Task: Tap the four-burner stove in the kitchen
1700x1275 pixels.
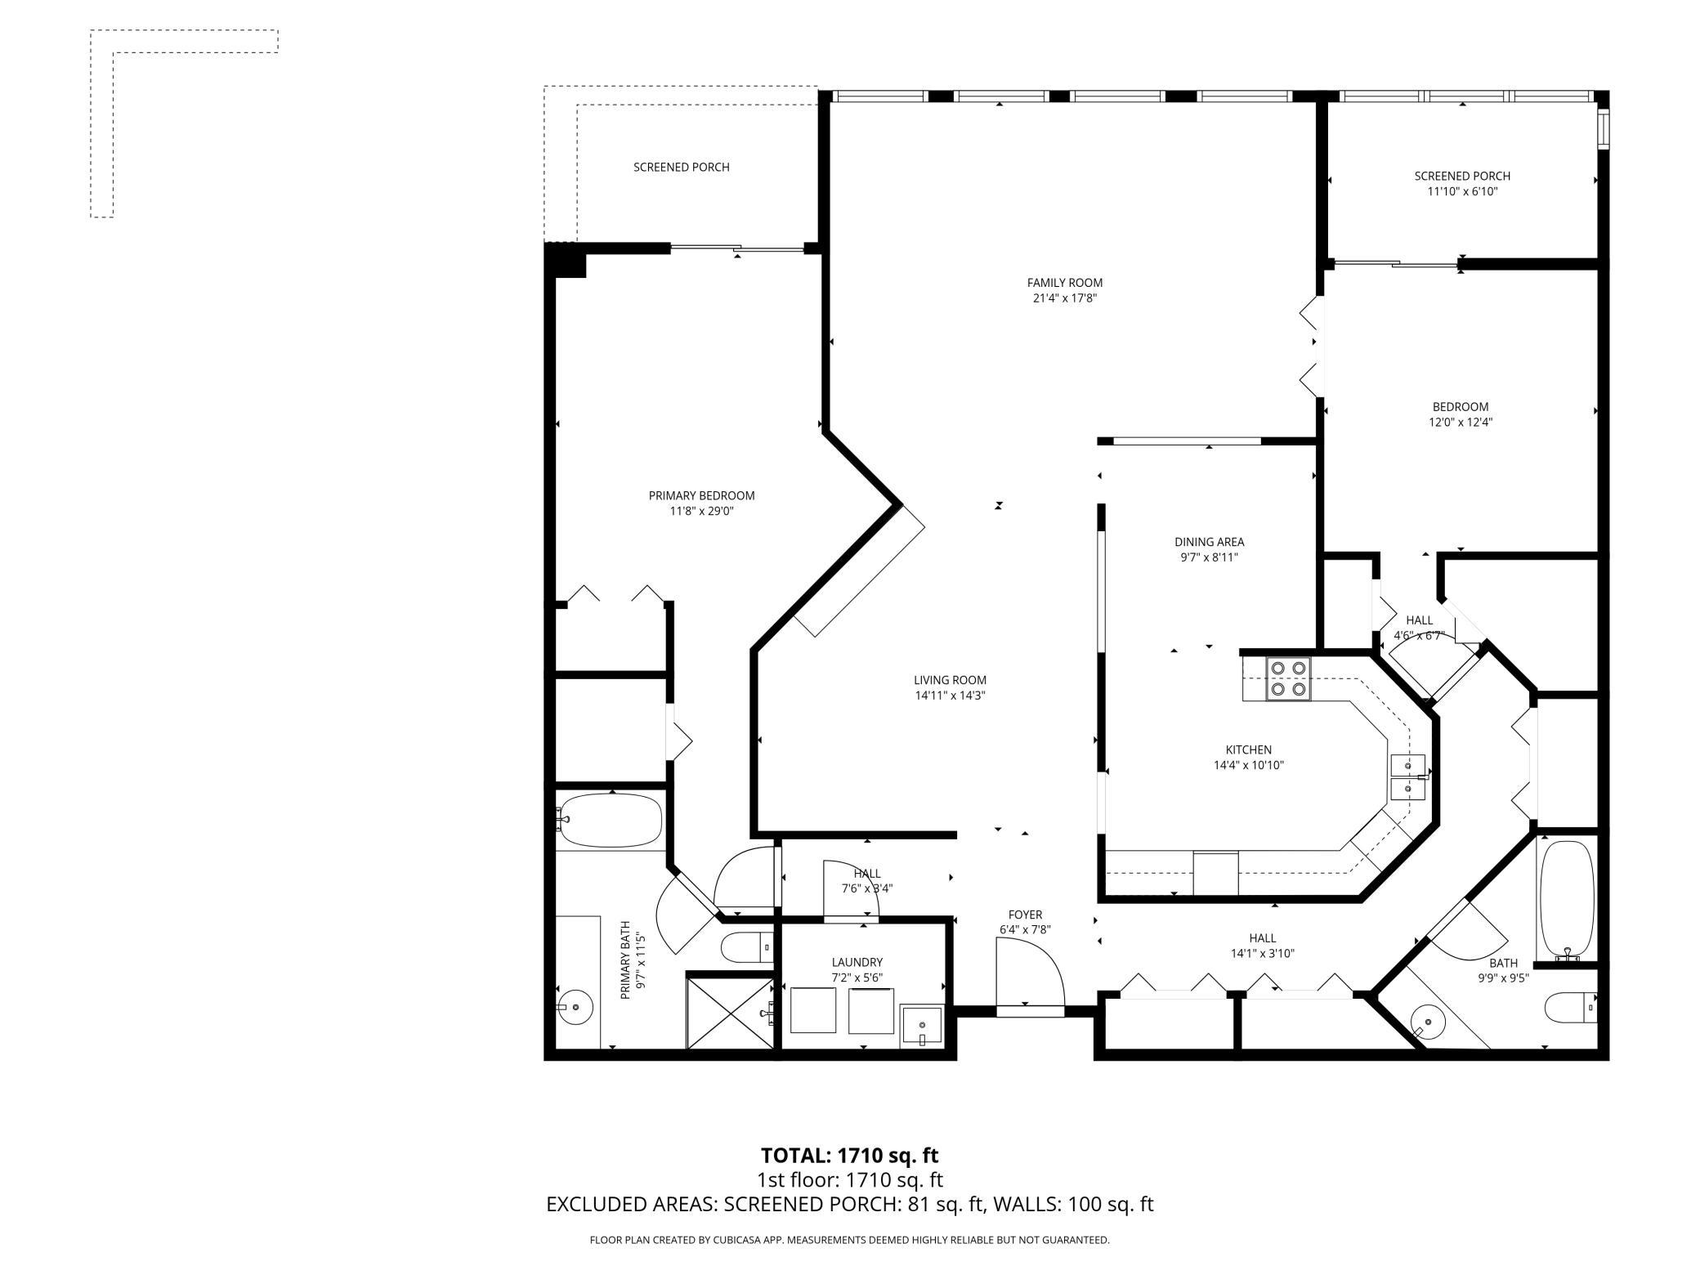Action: click(1288, 678)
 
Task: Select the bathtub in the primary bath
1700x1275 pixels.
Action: click(610, 820)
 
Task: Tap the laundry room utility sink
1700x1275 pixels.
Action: click(922, 1025)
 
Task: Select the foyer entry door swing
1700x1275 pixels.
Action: click(1029, 973)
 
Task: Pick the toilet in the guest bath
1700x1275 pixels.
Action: click(1570, 1007)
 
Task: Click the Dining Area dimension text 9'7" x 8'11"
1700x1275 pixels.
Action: click(1209, 557)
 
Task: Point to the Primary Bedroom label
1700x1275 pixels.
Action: click(701, 495)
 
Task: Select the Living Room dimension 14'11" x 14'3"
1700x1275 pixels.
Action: click(950, 696)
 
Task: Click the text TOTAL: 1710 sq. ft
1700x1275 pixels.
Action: click(850, 1155)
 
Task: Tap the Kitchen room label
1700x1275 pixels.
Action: click(1248, 749)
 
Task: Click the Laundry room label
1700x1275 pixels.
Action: click(857, 962)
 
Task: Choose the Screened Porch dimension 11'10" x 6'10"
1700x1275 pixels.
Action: click(1462, 192)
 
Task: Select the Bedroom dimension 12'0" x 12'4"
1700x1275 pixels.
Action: click(1461, 423)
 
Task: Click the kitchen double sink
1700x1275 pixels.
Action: click(1407, 777)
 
